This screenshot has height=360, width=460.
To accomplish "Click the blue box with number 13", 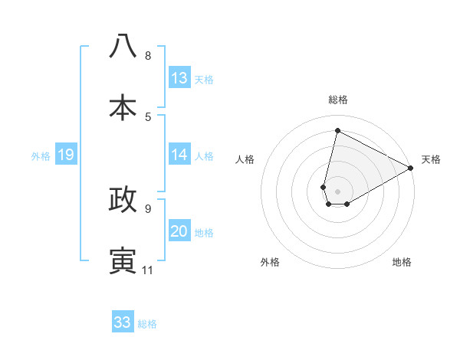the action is pyautogui.click(x=179, y=78).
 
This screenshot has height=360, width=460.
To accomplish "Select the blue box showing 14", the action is pyautogui.click(x=179, y=155).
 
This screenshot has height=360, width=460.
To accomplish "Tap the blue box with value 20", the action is pyautogui.click(x=179, y=231).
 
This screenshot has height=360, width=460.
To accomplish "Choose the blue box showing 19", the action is pyautogui.click(x=65, y=155).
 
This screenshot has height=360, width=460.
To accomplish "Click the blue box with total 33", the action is pyautogui.click(x=123, y=322).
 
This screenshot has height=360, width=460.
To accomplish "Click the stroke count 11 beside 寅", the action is pyautogui.click(x=148, y=270).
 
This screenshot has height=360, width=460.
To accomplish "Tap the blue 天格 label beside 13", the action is pyautogui.click(x=204, y=80).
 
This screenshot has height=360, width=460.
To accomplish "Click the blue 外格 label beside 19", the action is pyautogui.click(x=41, y=156).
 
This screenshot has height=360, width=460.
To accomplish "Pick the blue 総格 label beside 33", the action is pyautogui.click(x=147, y=324).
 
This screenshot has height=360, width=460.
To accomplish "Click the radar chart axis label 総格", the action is pyautogui.click(x=338, y=100).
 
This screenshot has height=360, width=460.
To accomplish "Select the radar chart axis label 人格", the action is pyautogui.click(x=245, y=159).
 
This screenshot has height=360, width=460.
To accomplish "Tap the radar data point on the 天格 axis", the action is pyautogui.click(x=411, y=169).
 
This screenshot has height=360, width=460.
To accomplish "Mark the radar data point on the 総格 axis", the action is pyautogui.click(x=337, y=131).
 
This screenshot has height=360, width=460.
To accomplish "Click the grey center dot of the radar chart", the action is pyautogui.click(x=338, y=191).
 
